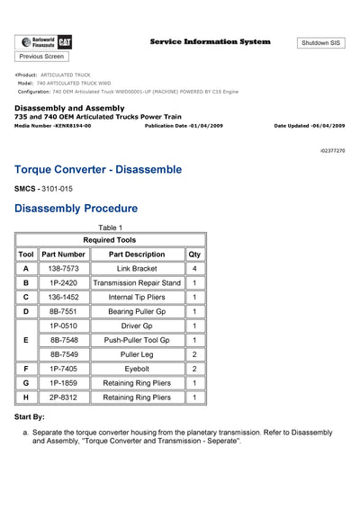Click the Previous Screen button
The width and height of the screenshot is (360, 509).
(41, 56)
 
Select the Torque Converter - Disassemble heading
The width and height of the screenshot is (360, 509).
(111, 169)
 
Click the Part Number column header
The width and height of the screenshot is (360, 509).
(63, 254)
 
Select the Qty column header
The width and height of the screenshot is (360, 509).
(193, 254)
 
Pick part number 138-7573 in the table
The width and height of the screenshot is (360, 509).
(63, 269)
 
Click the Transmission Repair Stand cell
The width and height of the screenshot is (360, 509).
(137, 282)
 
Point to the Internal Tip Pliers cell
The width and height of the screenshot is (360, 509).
(137, 297)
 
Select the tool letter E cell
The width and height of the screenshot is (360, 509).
(26, 340)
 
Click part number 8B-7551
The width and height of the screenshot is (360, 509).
(63, 311)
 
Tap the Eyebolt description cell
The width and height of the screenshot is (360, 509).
(137, 369)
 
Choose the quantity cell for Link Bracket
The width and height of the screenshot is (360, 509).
(193, 269)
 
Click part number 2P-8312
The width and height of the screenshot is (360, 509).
(63, 397)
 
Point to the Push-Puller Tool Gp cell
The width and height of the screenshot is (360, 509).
(137, 340)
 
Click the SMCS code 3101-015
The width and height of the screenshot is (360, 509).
(57, 189)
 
